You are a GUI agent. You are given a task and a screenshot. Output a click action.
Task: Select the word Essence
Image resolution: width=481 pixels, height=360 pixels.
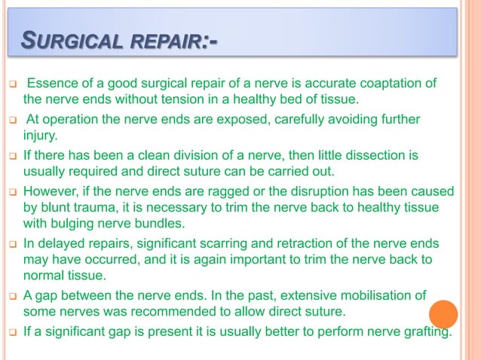51,82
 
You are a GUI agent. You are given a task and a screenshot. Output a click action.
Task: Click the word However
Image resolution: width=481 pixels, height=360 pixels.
53,193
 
